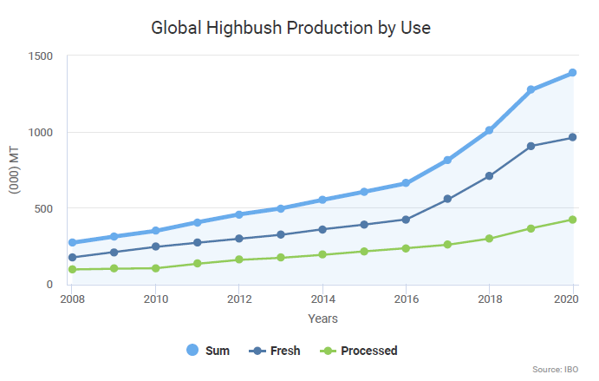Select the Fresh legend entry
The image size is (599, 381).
[x=275, y=351]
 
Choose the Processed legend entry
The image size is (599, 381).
[x=359, y=351]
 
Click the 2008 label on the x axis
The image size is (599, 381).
[x=73, y=300]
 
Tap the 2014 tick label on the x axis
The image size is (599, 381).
[x=322, y=300]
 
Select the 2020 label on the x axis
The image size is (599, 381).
[x=571, y=300]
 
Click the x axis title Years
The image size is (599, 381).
[x=322, y=319]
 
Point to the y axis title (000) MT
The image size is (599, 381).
[x=15, y=170]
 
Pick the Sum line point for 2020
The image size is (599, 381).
[x=572, y=73]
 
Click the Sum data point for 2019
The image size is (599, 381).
[x=531, y=89]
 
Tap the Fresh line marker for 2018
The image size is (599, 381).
[x=489, y=176]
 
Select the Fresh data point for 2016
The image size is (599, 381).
[x=406, y=220]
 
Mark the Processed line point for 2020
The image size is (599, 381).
[x=572, y=220]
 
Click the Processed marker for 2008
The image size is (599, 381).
[x=73, y=269]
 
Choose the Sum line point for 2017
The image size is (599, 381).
[x=447, y=160]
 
